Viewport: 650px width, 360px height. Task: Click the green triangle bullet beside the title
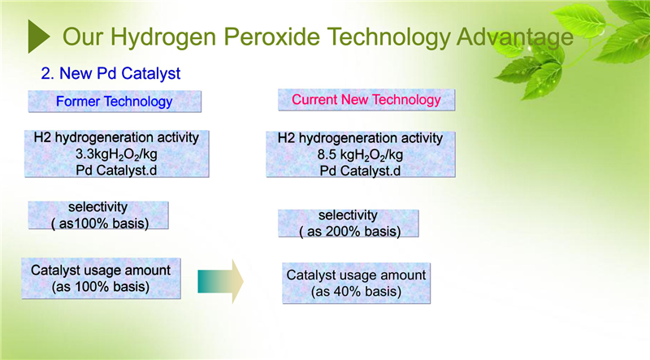point(38,37)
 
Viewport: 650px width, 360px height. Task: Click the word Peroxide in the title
point(271,37)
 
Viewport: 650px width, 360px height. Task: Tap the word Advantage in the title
point(515,37)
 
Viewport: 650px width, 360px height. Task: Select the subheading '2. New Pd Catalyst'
point(110,73)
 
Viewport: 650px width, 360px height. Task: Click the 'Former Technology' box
point(115,102)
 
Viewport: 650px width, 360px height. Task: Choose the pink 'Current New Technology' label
point(366,99)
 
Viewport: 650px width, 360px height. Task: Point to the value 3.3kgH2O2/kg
point(116,154)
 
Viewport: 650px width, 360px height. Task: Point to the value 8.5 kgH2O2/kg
point(360,155)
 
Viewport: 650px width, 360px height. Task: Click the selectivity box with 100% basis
point(98,215)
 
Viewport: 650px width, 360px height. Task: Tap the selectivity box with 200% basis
point(349,223)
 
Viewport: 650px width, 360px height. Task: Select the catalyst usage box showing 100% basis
point(101,278)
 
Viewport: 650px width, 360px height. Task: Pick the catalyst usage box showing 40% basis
point(356,284)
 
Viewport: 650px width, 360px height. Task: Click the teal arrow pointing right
point(220,282)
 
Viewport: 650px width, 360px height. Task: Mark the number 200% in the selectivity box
point(340,232)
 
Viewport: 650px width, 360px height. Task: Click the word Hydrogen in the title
point(163,37)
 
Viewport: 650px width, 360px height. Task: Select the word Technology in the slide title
point(388,37)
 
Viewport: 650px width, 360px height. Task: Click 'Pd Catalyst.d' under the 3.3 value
point(116,171)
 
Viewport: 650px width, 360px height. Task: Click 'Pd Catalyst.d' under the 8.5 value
point(360,171)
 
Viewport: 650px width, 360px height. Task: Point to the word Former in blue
point(78,102)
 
